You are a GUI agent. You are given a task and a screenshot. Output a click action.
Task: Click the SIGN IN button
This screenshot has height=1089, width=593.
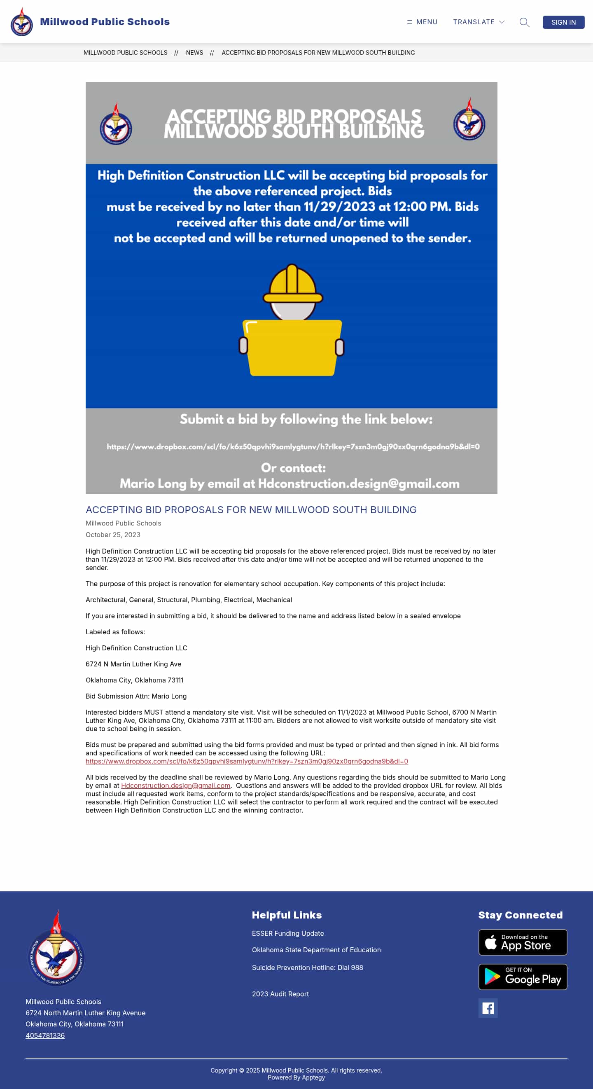(x=563, y=22)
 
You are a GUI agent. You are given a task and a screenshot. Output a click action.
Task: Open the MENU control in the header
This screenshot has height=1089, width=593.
(x=422, y=22)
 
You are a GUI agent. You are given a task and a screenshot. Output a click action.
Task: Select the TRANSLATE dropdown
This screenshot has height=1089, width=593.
(x=479, y=22)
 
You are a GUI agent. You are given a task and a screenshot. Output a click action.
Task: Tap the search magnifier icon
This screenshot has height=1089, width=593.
(x=524, y=22)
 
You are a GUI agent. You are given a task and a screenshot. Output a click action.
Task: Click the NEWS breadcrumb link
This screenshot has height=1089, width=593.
(x=194, y=53)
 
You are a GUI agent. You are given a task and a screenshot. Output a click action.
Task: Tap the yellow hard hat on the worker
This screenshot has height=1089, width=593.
(x=292, y=283)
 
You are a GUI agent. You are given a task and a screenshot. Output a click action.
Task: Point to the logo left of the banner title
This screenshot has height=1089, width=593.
(x=116, y=124)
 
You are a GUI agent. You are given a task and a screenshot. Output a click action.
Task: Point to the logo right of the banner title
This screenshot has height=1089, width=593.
(x=469, y=119)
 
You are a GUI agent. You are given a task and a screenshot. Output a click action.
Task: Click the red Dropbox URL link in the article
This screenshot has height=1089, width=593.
(x=247, y=761)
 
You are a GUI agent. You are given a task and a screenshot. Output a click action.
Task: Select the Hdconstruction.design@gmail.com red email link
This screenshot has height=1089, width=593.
(x=175, y=785)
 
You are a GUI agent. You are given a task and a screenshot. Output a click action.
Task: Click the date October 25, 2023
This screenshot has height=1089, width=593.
(x=113, y=535)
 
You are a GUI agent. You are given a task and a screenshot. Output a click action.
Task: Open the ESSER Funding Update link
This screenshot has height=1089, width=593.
(x=288, y=933)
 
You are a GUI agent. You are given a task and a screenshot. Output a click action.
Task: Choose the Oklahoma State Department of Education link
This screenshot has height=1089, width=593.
(x=316, y=950)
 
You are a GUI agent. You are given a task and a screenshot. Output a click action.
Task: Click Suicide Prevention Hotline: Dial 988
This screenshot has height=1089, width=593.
(x=307, y=967)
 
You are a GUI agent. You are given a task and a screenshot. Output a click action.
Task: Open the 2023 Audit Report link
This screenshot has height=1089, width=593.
(x=280, y=994)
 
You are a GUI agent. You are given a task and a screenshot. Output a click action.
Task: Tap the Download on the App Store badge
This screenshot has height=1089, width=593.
(x=523, y=942)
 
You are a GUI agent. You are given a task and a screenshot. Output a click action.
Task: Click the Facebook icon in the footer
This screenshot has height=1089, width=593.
(x=488, y=1008)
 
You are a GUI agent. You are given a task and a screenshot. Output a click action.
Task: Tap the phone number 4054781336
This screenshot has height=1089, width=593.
(x=45, y=1035)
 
